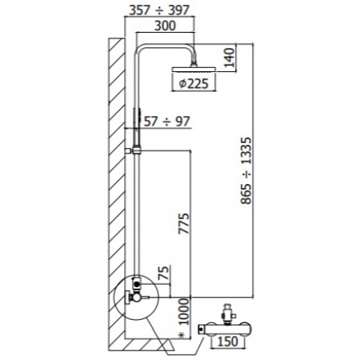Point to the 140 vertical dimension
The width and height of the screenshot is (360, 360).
pos(230,58)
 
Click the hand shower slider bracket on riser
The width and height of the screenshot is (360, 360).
pos(137,150)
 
